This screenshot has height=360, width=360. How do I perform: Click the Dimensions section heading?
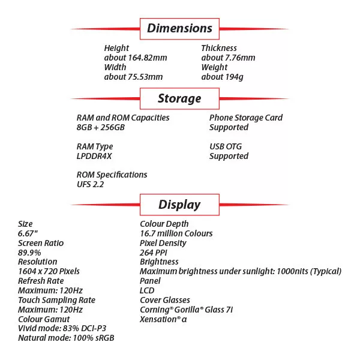[x=179, y=28]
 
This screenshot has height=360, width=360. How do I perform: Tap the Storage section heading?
[x=179, y=98]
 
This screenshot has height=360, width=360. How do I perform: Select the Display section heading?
[x=179, y=205]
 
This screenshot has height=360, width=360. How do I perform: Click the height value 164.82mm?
[x=136, y=58]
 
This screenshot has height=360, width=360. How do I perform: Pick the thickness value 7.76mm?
[x=228, y=58]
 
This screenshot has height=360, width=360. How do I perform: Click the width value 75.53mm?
[x=133, y=77]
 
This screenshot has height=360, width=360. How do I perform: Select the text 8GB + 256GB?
[x=101, y=127]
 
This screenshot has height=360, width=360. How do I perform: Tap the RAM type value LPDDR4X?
[x=94, y=156]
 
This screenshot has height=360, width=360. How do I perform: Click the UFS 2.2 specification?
[x=90, y=184]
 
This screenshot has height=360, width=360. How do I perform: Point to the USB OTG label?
[x=226, y=146]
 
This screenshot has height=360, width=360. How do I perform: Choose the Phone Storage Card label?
[x=246, y=118]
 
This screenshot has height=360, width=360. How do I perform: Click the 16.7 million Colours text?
[x=176, y=233]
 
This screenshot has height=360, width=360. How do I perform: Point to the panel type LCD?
[x=147, y=290]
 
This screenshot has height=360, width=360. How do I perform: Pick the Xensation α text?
[x=163, y=319]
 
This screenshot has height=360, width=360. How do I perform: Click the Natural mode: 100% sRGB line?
[x=66, y=338]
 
